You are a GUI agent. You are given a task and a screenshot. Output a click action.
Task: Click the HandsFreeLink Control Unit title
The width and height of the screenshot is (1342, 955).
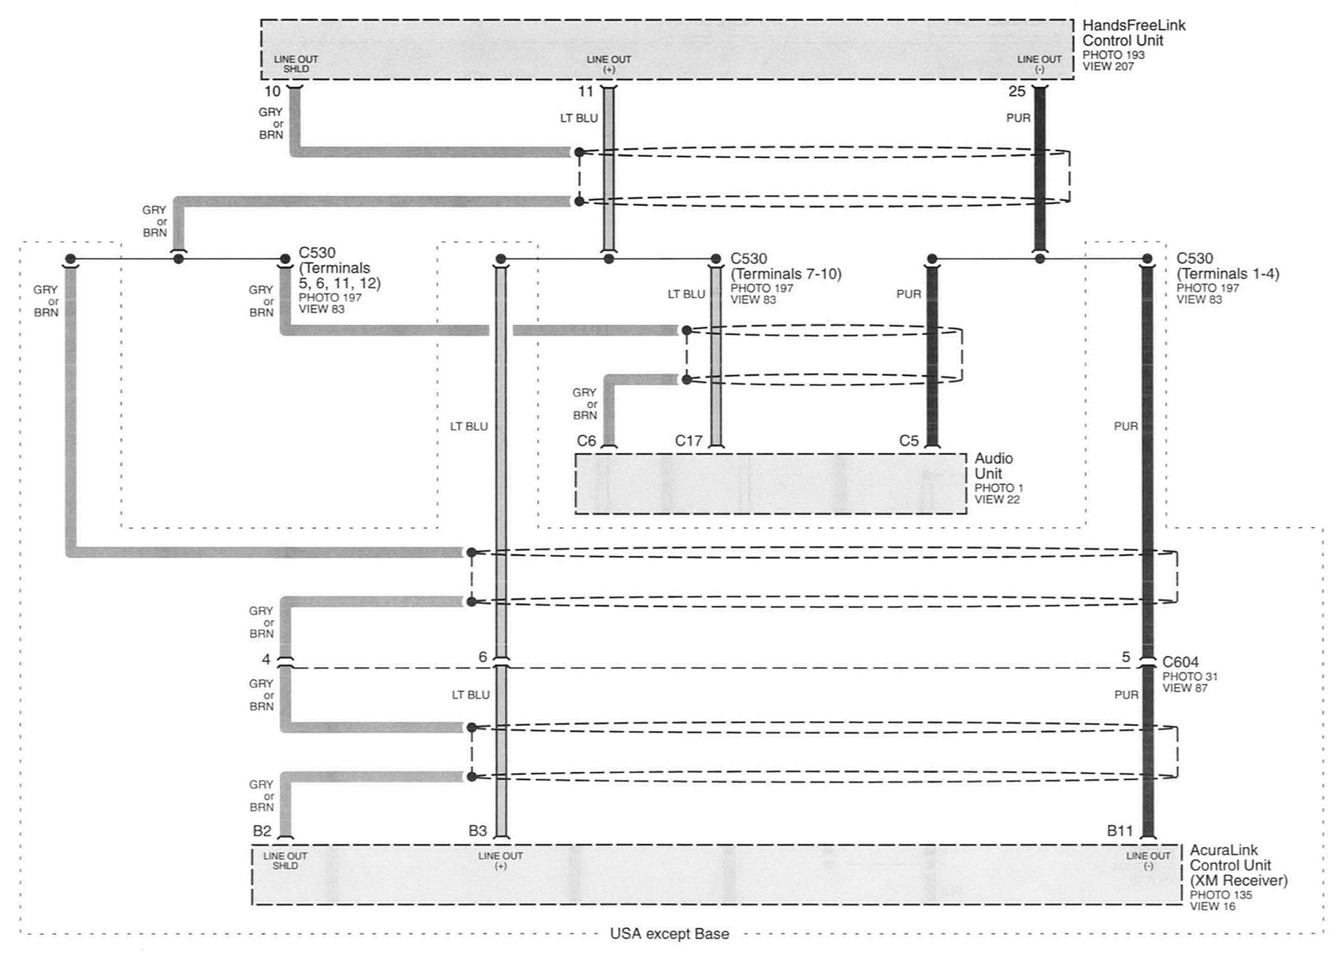pos(1134,33)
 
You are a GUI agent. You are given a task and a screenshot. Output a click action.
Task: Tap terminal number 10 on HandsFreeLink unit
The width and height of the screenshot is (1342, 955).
pos(272,91)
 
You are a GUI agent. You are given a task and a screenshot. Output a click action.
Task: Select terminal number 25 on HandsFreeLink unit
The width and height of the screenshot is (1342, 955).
pos(1017,91)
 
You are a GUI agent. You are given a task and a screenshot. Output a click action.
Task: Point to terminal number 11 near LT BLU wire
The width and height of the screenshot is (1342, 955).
pos(585,91)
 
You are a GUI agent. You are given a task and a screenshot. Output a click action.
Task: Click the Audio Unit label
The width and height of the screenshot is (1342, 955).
pos(994,466)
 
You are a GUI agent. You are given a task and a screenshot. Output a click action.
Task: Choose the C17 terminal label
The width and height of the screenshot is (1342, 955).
pos(689,440)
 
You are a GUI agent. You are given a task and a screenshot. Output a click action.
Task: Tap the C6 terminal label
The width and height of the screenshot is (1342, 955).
pos(586,440)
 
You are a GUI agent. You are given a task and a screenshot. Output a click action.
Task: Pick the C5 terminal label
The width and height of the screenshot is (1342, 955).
pos(909,440)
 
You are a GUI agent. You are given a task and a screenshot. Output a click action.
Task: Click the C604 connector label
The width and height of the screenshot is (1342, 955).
pos(1180,662)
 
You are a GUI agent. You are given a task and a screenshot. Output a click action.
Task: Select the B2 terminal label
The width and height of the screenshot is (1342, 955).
pos(262,830)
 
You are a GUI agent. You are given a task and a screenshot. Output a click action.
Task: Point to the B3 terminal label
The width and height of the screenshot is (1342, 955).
pos(477,830)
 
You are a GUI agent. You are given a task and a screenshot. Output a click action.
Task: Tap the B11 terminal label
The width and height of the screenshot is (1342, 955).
pos(1119,830)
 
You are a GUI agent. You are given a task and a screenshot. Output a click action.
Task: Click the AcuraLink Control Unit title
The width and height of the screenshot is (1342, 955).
pos(1238,865)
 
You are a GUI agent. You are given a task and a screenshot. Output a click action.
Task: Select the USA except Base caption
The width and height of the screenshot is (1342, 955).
pos(669,934)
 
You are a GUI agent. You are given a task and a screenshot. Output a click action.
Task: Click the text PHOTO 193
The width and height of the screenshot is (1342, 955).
pos(1114,55)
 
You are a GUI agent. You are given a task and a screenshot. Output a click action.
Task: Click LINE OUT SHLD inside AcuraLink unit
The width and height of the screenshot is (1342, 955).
pos(285,861)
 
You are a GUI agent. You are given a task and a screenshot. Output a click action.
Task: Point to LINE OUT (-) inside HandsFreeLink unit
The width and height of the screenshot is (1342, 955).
pos(1040,64)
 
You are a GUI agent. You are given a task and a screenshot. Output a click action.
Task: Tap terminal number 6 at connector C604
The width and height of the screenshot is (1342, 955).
pos(483,657)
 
